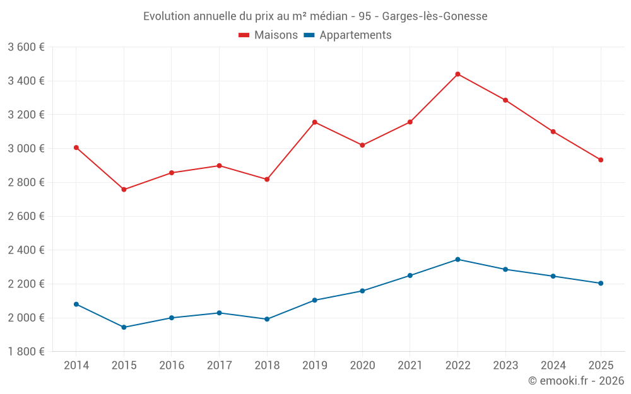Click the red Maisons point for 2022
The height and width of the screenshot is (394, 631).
tap(457, 74)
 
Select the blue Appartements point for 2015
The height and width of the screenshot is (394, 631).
tap(124, 327)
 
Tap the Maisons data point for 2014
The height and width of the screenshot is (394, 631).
tap(76, 148)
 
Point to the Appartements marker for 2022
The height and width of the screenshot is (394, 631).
tap(457, 260)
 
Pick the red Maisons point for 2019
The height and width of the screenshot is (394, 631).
tap(314, 122)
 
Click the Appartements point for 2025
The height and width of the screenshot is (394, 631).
tap(601, 283)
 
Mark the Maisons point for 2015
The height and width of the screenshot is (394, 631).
tap(124, 189)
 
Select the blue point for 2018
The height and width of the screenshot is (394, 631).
tap(267, 319)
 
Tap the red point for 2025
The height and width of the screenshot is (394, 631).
tap(601, 160)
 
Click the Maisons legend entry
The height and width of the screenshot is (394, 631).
tap(268, 35)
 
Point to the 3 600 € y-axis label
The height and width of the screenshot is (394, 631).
tap(26, 47)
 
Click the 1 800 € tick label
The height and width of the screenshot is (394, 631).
tap(26, 352)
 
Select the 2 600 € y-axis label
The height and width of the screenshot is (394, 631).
tap(26, 216)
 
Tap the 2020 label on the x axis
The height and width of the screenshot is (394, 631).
tap(362, 366)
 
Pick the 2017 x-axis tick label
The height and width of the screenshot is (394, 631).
tap(219, 366)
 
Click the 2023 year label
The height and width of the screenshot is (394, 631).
tap(505, 366)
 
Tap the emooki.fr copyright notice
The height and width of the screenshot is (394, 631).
tap(576, 381)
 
